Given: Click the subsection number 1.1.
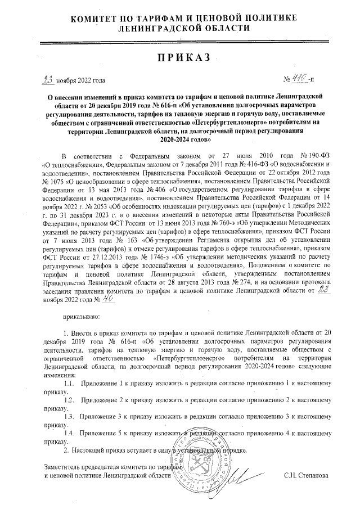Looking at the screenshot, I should coord(71,383).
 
